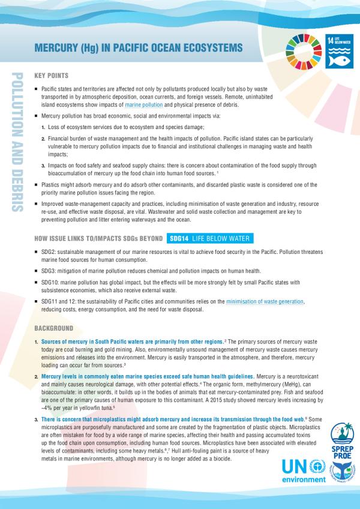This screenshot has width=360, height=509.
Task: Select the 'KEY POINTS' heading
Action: point(52,76)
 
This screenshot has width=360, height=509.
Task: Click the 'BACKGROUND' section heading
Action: point(54,329)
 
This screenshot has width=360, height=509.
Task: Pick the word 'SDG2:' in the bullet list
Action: point(50,253)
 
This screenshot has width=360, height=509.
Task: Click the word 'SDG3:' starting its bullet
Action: point(50,271)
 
